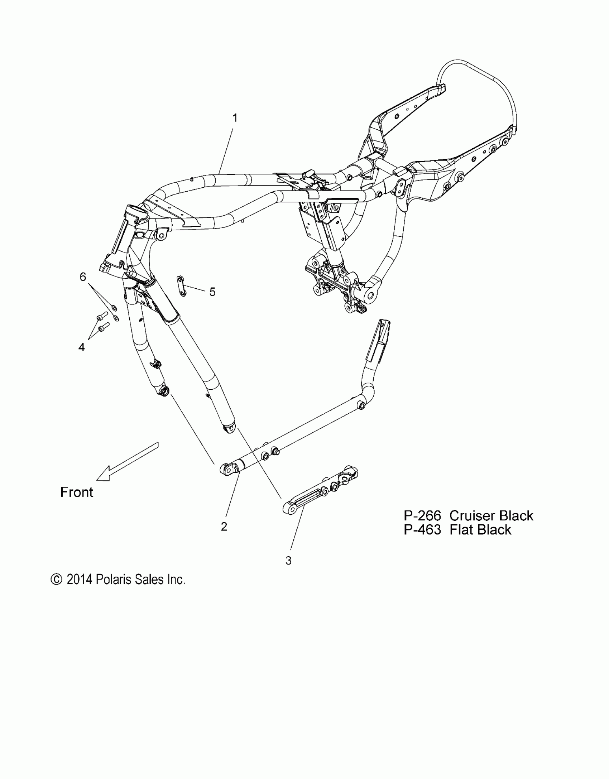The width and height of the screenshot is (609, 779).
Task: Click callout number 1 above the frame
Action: [235, 118]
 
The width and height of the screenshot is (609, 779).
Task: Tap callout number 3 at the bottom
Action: [288, 561]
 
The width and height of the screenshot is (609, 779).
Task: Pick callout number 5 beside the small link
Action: [212, 292]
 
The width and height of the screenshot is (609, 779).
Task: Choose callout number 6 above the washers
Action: [83, 277]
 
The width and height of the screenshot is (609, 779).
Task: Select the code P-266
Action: [422, 516]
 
